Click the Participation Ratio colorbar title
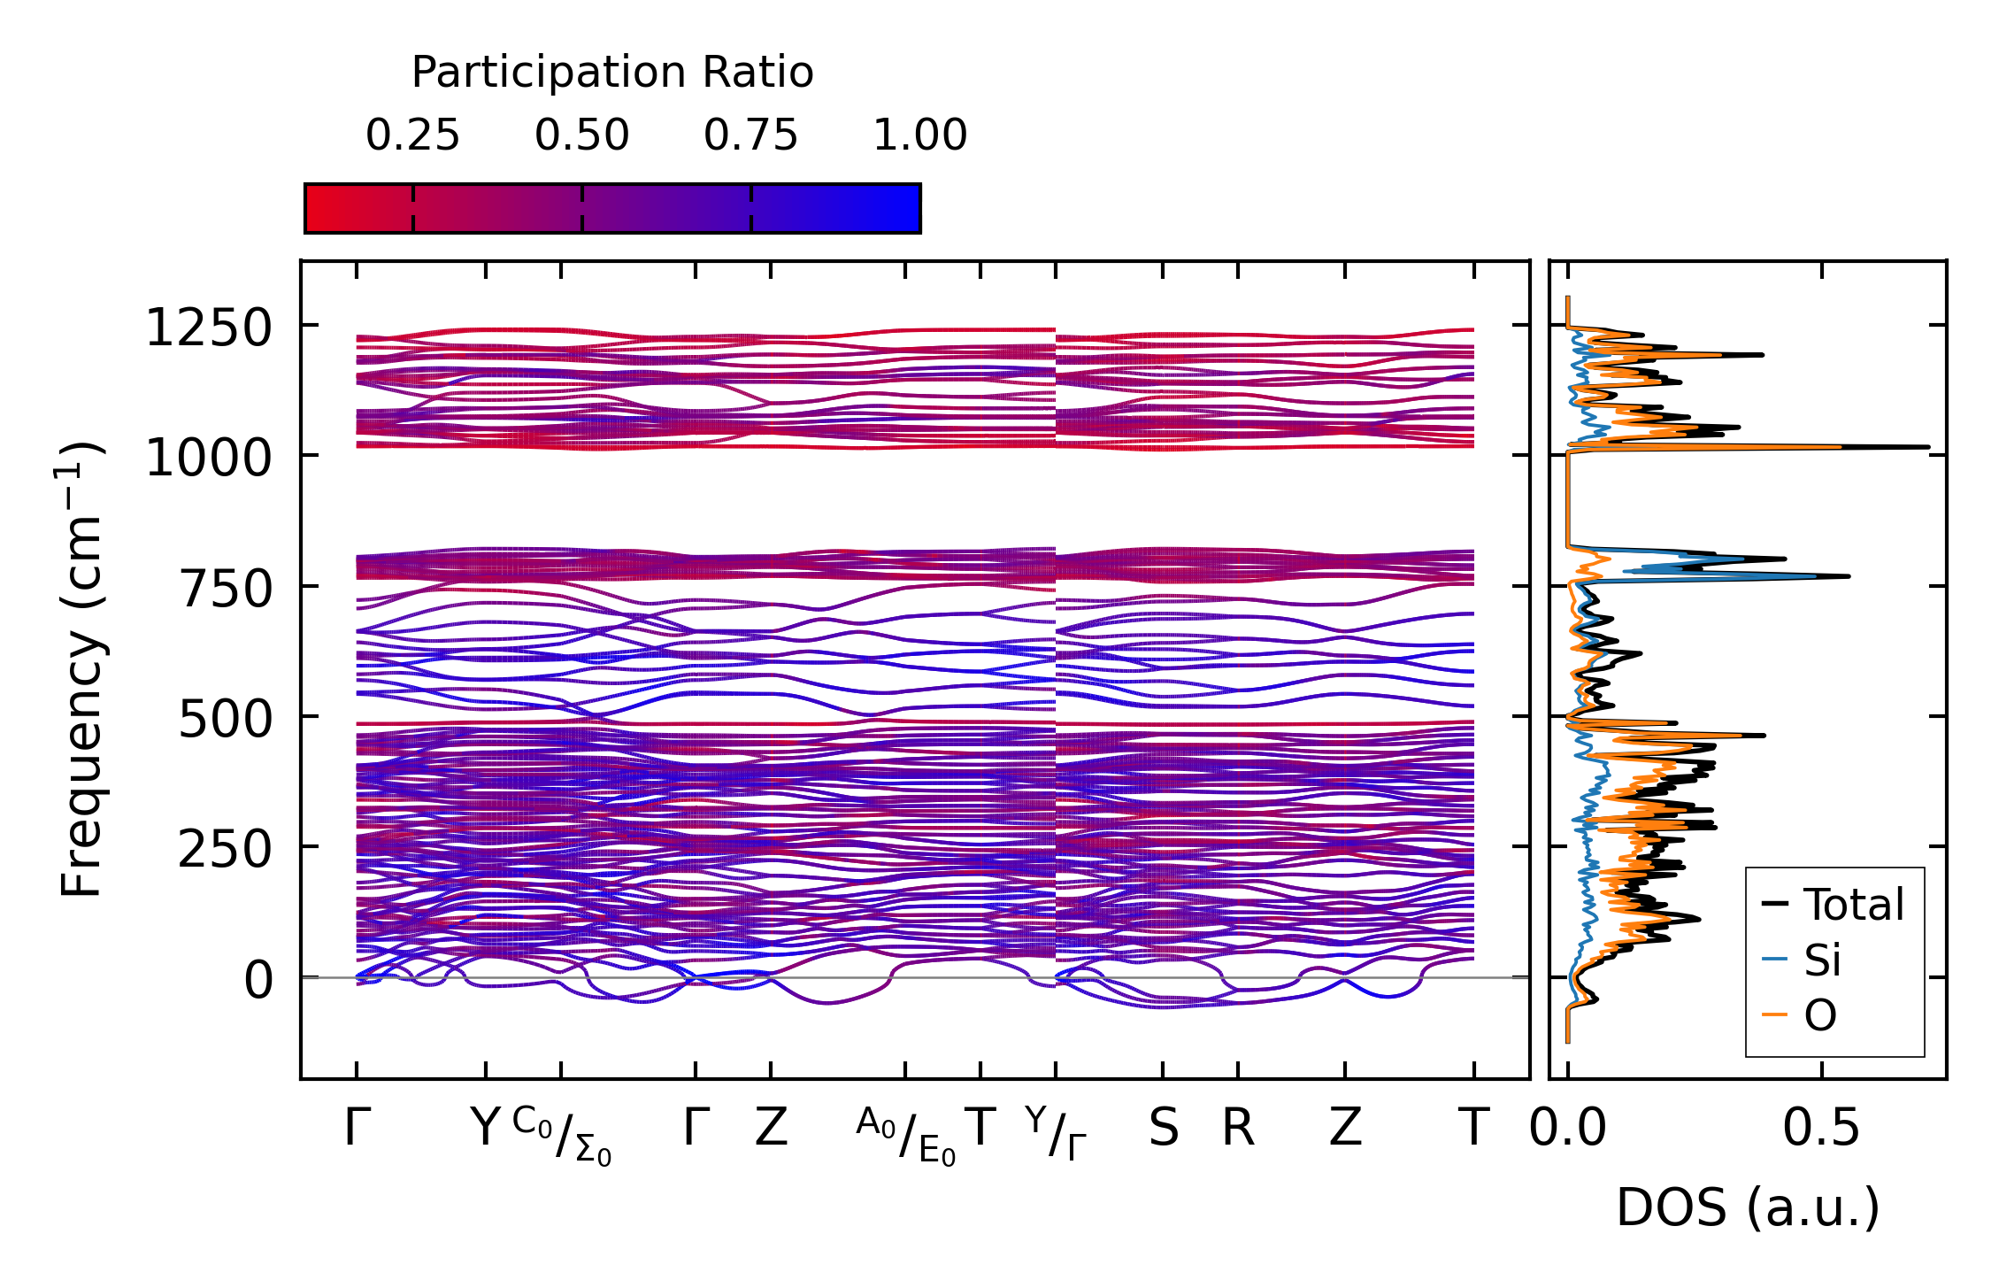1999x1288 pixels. click(x=612, y=73)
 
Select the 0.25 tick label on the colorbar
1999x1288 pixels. click(x=412, y=135)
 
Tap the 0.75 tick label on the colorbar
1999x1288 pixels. click(x=750, y=135)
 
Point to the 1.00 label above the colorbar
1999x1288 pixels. click(x=919, y=135)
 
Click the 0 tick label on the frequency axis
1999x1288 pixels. click(x=258, y=980)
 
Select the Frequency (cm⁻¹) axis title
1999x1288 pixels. click(x=81, y=670)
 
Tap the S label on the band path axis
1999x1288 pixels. click(x=1163, y=1129)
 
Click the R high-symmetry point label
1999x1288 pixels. click(x=1238, y=1129)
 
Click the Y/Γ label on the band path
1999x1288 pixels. click(x=1056, y=1133)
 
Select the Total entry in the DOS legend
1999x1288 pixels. click(x=1853, y=905)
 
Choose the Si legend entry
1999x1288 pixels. click(x=1822, y=960)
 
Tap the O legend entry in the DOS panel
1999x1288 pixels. click(x=1820, y=1015)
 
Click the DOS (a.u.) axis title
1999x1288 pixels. click(x=1748, y=1207)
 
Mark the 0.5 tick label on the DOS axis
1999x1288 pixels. click(x=1821, y=1129)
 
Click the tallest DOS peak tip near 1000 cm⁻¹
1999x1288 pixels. click(x=1927, y=447)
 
